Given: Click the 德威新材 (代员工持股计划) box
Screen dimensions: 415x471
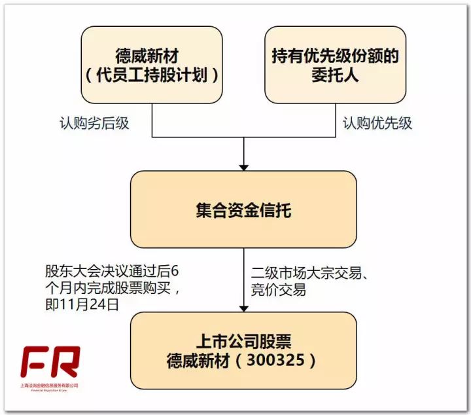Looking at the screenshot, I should pyautogui.click(x=151, y=65).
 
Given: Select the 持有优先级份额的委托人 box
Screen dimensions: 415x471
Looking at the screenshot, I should pyautogui.click(x=335, y=65).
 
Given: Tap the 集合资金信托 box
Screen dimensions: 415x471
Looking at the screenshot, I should pyautogui.click(x=243, y=209).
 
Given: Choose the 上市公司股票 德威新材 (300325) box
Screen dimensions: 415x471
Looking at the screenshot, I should pyautogui.click(x=243, y=350).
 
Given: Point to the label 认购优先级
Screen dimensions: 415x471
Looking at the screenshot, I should pyautogui.click(x=378, y=123).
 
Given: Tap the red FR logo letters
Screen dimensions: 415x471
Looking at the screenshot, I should pyautogui.click(x=49, y=362).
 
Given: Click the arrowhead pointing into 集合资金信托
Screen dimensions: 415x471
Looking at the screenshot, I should pyautogui.click(x=243, y=165).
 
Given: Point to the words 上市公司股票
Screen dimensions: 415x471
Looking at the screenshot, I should pyautogui.click(x=243, y=341).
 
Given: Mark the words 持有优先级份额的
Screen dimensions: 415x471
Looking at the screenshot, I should pyautogui.click(x=336, y=56).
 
